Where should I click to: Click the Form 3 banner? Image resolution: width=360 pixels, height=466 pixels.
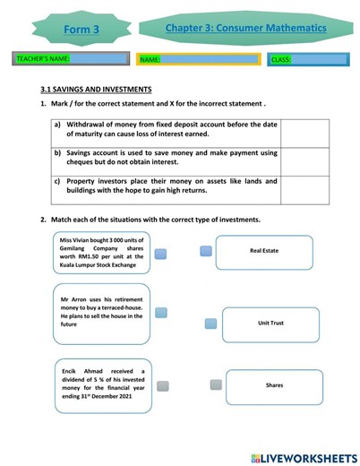pyautogui.click(x=82, y=30)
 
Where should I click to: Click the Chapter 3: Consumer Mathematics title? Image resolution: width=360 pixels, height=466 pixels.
pyautogui.click(x=245, y=29)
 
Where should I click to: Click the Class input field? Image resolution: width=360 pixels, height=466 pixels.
pyautogui.click(x=307, y=60)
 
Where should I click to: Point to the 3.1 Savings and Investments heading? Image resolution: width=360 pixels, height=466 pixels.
pyautogui.click(x=96, y=90)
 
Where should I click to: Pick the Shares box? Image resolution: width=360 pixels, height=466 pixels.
pyautogui.click(x=274, y=385)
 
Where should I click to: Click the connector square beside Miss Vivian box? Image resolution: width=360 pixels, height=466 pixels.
pyautogui.click(x=161, y=254)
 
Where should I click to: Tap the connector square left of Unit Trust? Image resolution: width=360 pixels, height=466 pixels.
pyautogui.click(x=210, y=324)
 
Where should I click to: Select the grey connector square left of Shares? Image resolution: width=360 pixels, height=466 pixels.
pyautogui.click(x=216, y=384)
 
